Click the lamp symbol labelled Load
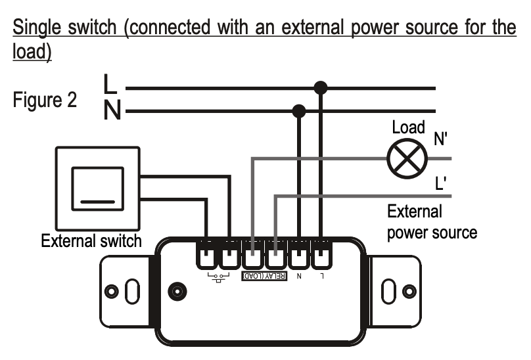407,158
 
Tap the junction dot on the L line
321,87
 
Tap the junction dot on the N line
299,111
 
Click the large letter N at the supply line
112,111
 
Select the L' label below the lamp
441,183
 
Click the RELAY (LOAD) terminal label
264,277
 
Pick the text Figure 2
44,101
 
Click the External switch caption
91,240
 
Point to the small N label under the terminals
299,277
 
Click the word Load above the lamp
408,127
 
